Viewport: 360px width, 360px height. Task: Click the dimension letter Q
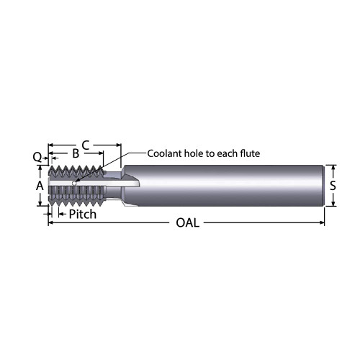pyautogui.click(x=37, y=155)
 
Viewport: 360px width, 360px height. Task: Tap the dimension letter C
pyautogui.click(x=85, y=145)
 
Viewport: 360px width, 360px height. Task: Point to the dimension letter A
pyautogui.click(x=40, y=186)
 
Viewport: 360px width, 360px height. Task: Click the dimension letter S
pyautogui.click(x=333, y=186)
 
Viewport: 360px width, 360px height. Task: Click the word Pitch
pyautogui.click(x=84, y=214)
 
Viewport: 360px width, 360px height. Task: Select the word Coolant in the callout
pyautogui.click(x=166, y=154)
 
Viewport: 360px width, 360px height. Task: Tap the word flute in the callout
pyautogui.click(x=246, y=154)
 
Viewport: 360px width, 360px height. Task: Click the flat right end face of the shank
pyautogui.click(x=321, y=186)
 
